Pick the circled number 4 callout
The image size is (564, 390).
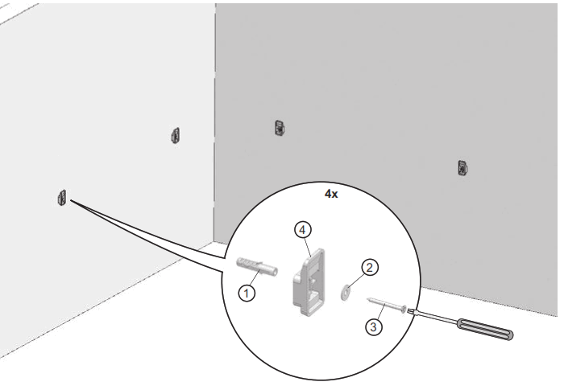coord(302,230)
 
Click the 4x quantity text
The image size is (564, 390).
coord(330,195)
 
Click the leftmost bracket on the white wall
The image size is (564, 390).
coord(61,197)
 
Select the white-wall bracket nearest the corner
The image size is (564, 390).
coord(174,135)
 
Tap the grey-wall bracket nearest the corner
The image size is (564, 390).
coord(279,126)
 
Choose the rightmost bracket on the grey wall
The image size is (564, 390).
coord(462,167)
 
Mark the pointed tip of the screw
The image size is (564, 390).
coord(367,298)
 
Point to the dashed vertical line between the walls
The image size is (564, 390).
coord(214,121)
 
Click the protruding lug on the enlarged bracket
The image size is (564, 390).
coord(297,278)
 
